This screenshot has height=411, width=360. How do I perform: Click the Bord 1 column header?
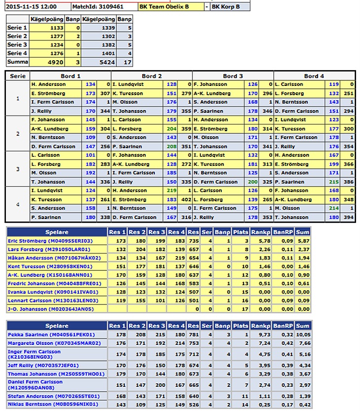71,76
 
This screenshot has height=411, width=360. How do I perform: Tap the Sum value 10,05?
303,335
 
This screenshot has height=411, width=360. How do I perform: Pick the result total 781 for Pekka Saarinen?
193,335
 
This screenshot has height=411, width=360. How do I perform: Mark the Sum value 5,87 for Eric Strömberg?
303,240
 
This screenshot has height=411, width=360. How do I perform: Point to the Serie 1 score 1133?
56,28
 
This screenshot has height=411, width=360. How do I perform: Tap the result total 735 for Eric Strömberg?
193,240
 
